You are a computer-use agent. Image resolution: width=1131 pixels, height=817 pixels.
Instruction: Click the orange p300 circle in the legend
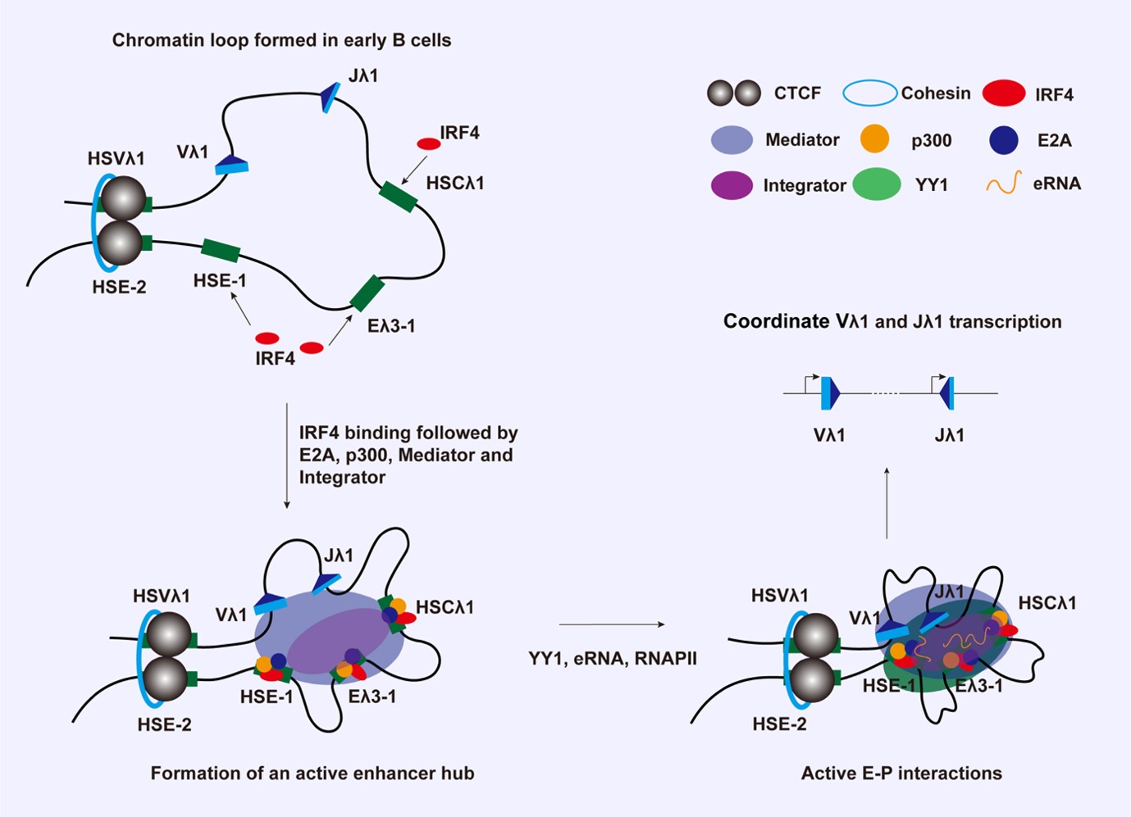point(874,138)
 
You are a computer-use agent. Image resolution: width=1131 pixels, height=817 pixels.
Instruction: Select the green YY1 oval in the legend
point(877,184)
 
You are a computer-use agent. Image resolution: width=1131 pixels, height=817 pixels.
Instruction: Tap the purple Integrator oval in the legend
point(732,184)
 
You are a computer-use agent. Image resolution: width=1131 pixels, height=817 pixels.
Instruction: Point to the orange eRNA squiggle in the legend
point(1004,183)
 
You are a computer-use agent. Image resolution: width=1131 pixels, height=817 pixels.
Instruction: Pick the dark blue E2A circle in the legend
point(1003,140)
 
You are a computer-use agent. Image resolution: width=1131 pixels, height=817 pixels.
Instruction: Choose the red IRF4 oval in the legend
point(1004,93)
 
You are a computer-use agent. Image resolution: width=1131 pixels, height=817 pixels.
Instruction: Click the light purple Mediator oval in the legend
point(732,139)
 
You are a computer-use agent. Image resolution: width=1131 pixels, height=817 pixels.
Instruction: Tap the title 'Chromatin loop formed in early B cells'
point(281,40)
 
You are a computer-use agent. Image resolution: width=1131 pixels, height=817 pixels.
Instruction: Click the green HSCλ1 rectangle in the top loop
point(399,197)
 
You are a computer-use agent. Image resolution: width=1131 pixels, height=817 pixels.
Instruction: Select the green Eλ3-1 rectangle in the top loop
point(367,293)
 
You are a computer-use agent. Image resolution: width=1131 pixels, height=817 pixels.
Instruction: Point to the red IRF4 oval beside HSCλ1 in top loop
point(429,144)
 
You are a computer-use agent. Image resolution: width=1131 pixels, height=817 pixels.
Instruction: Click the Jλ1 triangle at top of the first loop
point(331,98)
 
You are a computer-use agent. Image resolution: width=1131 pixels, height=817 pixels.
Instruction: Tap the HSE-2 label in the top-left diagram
point(119,287)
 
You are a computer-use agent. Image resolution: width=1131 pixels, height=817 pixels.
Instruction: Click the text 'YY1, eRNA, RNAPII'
point(613,658)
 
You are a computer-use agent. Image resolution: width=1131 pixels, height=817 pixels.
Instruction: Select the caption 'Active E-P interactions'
point(901,773)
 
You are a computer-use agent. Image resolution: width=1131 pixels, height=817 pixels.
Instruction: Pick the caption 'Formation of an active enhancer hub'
point(312,773)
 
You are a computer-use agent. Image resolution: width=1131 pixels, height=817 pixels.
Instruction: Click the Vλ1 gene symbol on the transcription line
point(830,393)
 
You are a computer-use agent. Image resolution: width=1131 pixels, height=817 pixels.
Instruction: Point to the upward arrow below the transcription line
point(887,503)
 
